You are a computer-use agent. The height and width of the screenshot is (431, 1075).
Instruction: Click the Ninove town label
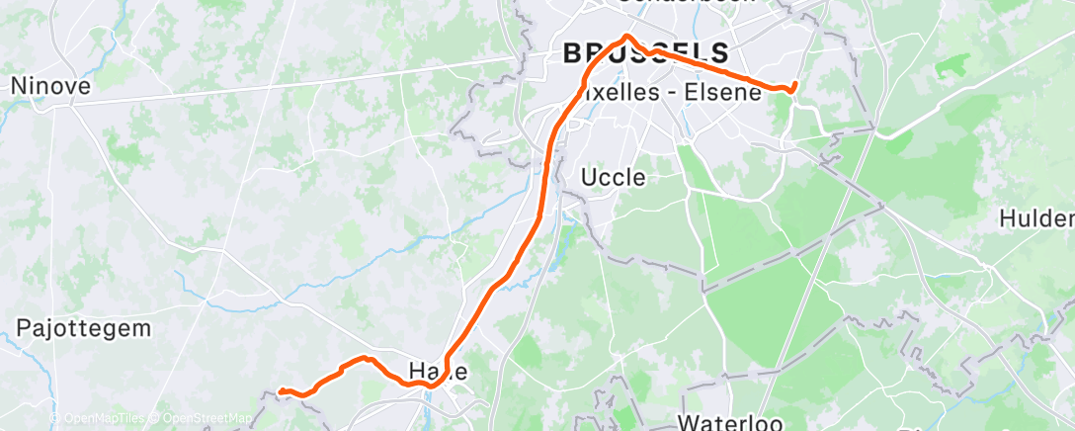(x=50, y=86)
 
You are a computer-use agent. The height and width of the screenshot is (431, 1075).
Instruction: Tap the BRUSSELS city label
(x=646, y=53)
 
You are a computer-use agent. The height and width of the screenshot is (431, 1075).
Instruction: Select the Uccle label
(x=613, y=178)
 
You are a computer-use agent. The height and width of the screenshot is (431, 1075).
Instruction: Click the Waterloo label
(x=730, y=422)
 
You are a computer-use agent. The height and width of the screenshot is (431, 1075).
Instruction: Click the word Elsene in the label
(x=726, y=93)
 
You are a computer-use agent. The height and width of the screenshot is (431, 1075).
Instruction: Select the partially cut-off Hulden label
(x=1036, y=218)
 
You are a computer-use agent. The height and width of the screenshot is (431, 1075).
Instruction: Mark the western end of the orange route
(x=281, y=391)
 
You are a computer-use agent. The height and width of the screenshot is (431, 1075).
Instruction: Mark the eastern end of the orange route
(x=795, y=84)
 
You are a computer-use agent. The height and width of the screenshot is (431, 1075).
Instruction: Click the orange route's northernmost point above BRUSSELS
(x=624, y=39)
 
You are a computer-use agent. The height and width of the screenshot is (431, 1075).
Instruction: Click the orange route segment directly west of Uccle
(x=544, y=178)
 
